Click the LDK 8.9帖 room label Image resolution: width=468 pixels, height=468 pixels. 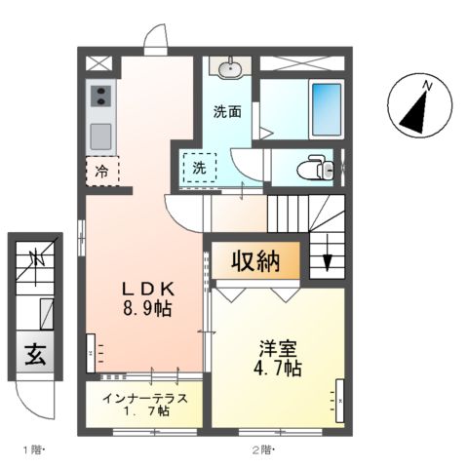[x=147, y=298]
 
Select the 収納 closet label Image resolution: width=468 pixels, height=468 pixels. [x=256, y=261]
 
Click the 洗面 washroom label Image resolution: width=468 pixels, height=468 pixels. [x=228, y=111]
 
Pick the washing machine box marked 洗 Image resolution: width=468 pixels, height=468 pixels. [x=199, y=167]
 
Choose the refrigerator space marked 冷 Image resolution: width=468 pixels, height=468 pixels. [x=102, y=171]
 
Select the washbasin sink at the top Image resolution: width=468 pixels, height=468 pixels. [x=231, y=67]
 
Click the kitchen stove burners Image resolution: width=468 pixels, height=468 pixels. [x=101, y=96]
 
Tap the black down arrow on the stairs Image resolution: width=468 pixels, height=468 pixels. [x=327, y=261]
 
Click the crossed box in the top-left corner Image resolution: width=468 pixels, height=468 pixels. [x=98, y=64]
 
